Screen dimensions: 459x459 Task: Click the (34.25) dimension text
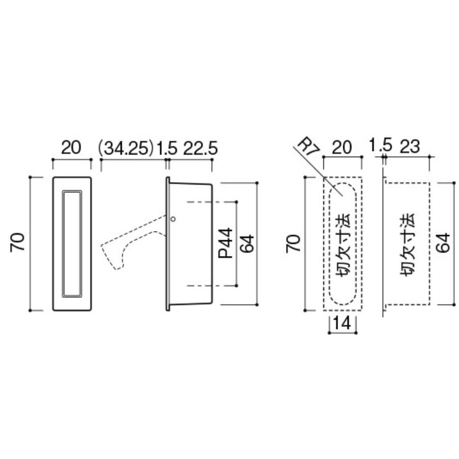click(126, 148)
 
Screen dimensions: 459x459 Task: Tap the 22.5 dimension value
click(200, 148)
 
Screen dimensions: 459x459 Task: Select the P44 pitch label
click(226, 243)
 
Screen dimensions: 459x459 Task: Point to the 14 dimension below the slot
click(342, 323)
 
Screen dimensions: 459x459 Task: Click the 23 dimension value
click(410, 146)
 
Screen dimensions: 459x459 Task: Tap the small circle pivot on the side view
click(173, 219)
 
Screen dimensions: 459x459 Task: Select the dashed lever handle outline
click(133, 242)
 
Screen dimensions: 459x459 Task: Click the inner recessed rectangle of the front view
click(72, 244)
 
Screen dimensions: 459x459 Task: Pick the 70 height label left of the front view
click(17, 242)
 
